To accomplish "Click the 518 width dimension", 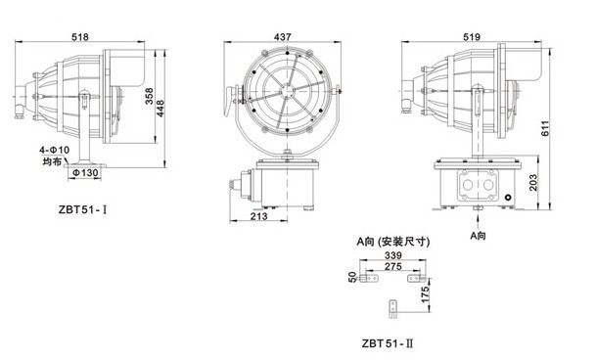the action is pos(80,36).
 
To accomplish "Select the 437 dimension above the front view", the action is pos(283,36).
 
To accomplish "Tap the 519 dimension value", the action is pos(472,36).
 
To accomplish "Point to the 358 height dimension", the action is pos(150,96).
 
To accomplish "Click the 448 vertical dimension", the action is pos(160,109).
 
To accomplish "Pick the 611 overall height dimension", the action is pos(545,128).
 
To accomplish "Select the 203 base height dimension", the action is pos(533,183).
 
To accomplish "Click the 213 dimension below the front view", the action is pos(258,216).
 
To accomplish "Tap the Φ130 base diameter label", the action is pos(85,173).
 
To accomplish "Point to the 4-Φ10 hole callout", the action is pos(55,150).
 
